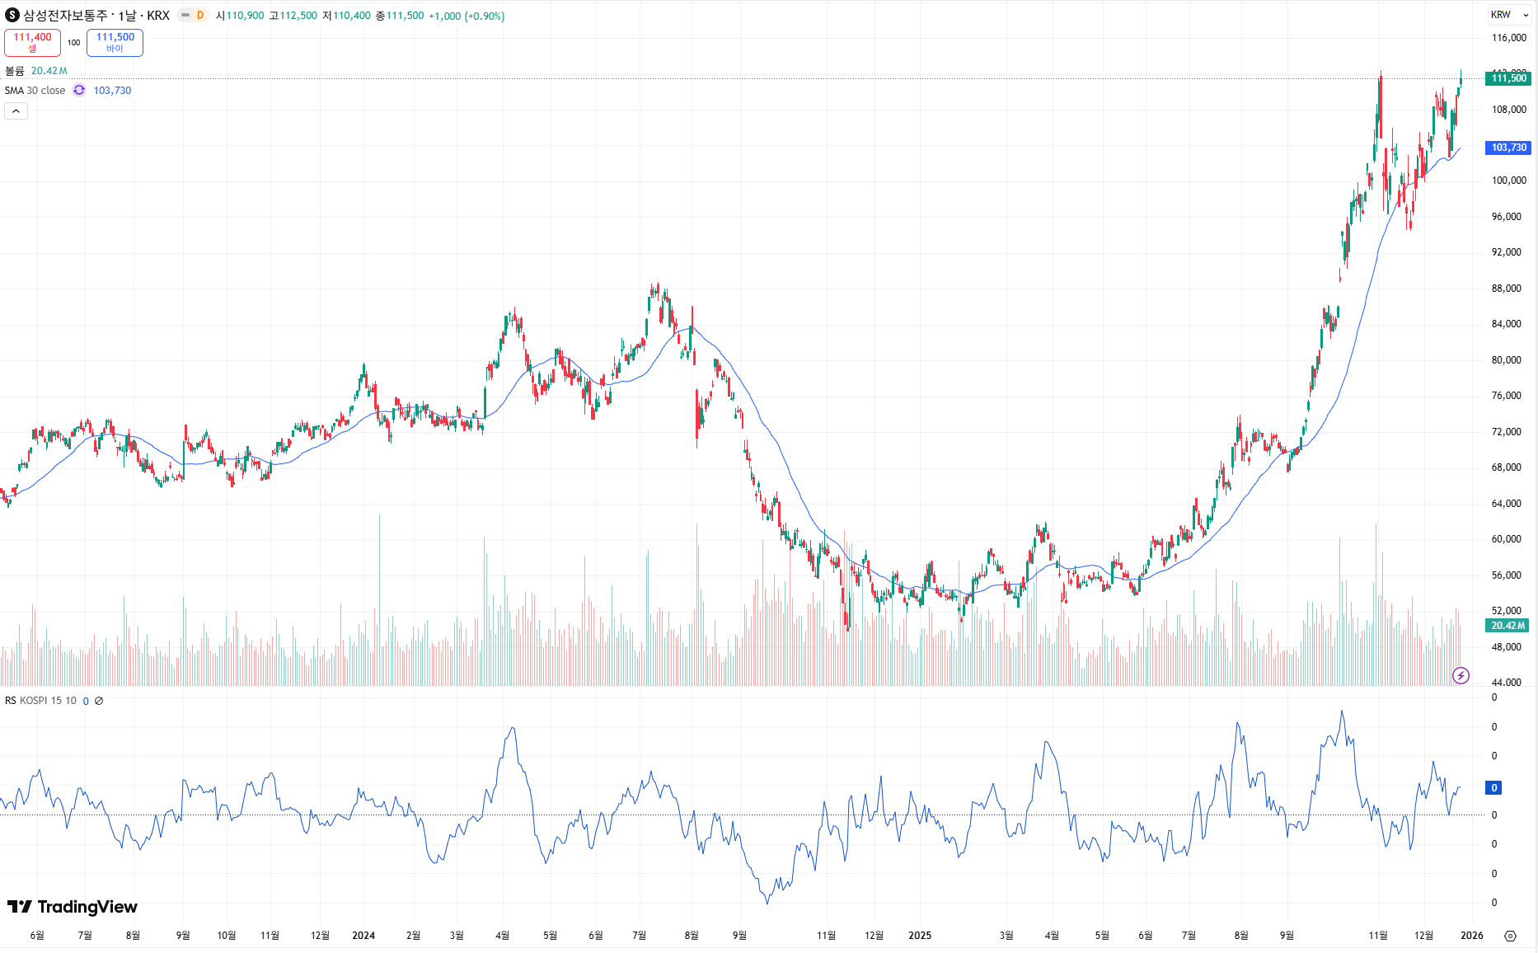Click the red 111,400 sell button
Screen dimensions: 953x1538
32,42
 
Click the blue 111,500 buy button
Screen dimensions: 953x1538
115,42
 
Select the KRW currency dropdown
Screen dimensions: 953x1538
1508,15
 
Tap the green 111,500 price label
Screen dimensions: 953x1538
1508,78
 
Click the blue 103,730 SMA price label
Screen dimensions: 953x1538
1508,148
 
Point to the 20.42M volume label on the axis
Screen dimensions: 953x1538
1508,626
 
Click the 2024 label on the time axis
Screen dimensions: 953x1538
363,936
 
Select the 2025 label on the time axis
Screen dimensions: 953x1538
919,936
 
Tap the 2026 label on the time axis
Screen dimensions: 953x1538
1471,936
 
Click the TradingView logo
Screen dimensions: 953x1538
73,907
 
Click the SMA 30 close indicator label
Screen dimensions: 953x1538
35,91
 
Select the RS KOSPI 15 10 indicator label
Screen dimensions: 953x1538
40,701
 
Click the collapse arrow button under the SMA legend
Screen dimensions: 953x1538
16,111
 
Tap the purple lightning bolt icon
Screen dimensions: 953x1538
1461,676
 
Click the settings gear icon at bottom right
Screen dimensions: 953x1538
1510,936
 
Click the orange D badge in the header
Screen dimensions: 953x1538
199,15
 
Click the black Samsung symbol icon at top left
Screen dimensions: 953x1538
12,15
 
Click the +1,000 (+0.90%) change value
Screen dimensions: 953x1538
467,16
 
